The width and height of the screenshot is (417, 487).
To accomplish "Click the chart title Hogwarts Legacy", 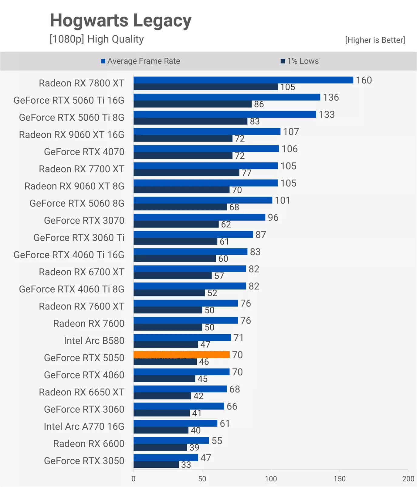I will [120, 20].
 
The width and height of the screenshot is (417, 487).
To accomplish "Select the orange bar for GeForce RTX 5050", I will [181, 355].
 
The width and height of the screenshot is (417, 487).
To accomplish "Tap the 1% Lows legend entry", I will [300, 61].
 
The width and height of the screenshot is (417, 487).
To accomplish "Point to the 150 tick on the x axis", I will [339, 479].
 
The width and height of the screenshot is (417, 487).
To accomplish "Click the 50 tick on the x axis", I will [202, 479].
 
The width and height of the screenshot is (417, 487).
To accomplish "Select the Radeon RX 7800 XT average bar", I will [243, 80].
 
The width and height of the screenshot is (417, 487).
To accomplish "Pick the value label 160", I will [364, 80].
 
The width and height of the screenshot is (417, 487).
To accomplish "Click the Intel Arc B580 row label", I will [94, 341].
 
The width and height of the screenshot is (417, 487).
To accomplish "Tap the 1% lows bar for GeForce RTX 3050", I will [156, 465].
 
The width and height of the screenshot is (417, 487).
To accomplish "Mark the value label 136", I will [331, 98].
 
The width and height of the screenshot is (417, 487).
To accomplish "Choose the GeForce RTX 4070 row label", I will [84, 152].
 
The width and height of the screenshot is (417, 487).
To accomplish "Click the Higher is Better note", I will [375, 40].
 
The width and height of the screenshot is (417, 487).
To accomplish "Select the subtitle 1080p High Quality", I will [97, 39].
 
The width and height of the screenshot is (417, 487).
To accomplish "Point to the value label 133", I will [327, 115].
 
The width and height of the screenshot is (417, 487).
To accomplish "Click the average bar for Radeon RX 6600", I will [171, 441].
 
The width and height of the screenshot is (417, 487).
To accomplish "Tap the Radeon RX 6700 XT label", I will [81, 272].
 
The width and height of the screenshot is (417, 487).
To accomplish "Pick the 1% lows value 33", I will [186, 465].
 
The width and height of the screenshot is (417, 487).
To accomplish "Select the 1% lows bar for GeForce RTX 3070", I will [176, 224].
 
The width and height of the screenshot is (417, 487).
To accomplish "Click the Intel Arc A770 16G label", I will [84, 427].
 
